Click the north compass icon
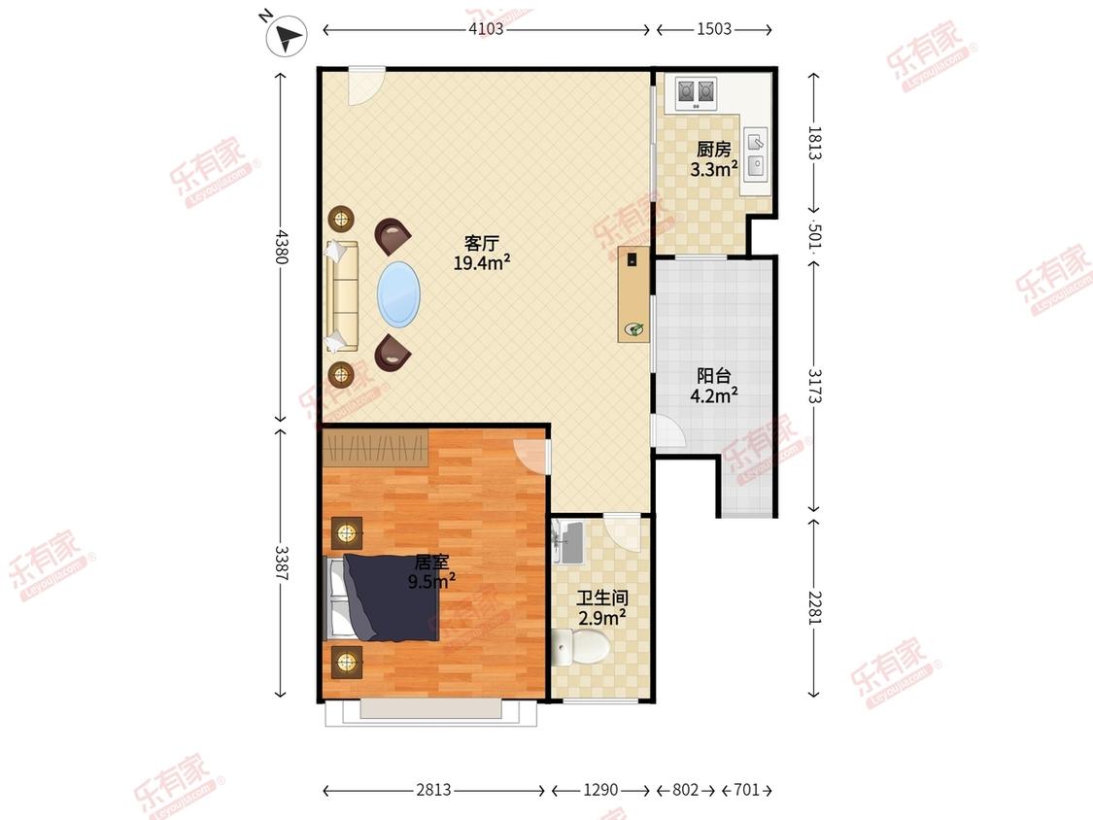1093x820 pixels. pyautogui.click(x=287, y=36)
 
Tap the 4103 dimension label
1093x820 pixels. pyautogui.click(x=486, y=29)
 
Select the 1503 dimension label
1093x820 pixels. pyautogui.click(x=714, y=29)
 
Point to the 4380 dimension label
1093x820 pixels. pyautogui.click(x=280, y=247)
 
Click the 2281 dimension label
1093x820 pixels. pyautogui.click(x=815, y=608)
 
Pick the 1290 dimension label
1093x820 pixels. pyautogui.click(x=600, y=790)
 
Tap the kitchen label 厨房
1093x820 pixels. pyautogui.click(x=714, y=150)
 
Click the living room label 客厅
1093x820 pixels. pyautogui.click(x=482, y=243)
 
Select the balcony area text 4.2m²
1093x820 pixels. pyautogui.click(x=714, y=395)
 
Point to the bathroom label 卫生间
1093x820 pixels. pyautogui.click(x=602, y=598)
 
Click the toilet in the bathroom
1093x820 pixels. pyautogui.click(x=581, y=646)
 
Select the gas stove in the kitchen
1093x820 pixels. pyautogui.click(x=697, y=92)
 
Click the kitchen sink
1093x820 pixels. pyautogui.click(x=756, y=154)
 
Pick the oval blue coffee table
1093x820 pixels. pyautogui.click(x=398, y=294)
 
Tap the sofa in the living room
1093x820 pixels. pyautogui.click(x=342, y=296)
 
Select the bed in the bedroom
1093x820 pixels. pyautogui.click(x=383, y=598)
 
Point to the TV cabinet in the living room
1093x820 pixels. pyautogui.click(x=633, y=294)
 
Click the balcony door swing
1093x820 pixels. pyautogui.click(x=667, y=431)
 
